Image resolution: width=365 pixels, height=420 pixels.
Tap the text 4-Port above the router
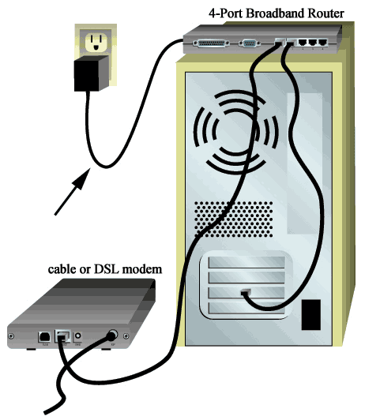[x=226, y=13]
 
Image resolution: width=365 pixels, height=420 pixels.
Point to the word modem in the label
[x=142, y=269]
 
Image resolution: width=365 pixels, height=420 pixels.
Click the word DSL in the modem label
[x=107, y=269]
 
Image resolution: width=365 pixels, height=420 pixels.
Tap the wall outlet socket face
[x=96, y=43]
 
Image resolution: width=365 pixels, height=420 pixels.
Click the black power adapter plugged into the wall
[x=92, y=73]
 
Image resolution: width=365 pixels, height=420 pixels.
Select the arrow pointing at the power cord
[x=73, y=191]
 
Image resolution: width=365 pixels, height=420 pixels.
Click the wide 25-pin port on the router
[x=211, y=43]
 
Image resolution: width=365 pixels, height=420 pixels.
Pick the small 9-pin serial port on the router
[x=249, y=43]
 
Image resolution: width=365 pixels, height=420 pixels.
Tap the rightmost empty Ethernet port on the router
[x=322, y=43]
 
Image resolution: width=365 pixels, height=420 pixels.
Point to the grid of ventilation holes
[x=233, y=219]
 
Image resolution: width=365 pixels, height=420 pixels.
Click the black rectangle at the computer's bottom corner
[x=310, y=315]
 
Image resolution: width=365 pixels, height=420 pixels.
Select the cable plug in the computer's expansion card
[x=246, y=292]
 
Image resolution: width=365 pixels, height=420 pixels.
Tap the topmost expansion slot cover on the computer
[x=246, y=262]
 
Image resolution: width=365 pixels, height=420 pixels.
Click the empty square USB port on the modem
[x=43, y=336]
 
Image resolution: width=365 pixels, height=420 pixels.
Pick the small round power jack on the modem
[x=78, y=336]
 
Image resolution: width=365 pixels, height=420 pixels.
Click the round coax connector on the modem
[x=112, y=335]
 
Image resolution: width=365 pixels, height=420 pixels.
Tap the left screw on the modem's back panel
[x=11, y=336]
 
